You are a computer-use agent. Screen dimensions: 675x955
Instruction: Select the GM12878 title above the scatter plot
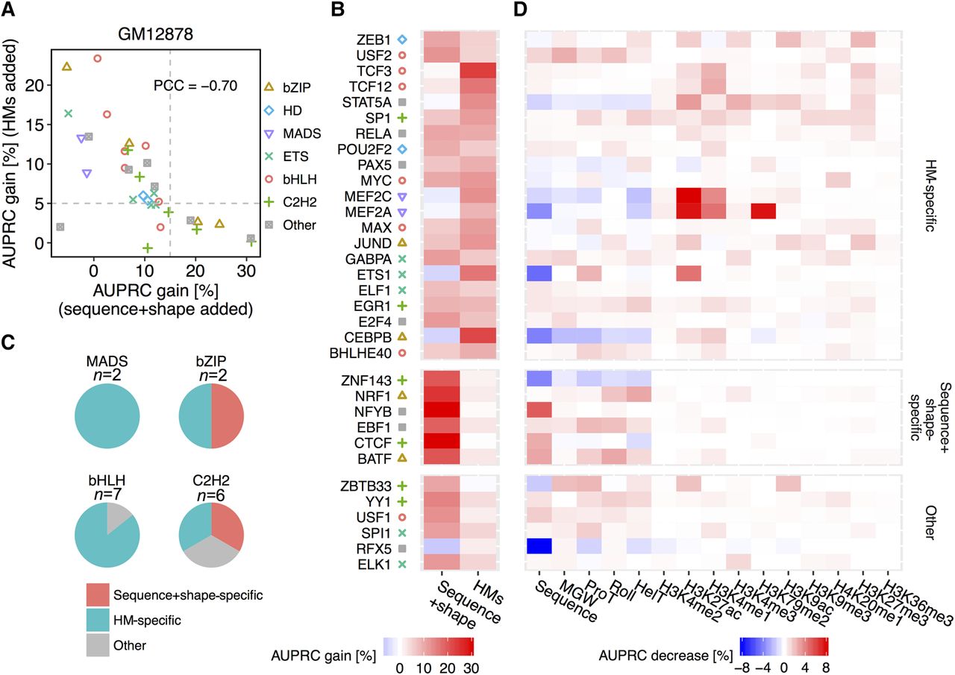155,35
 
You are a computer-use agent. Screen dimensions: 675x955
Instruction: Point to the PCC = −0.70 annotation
195,85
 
